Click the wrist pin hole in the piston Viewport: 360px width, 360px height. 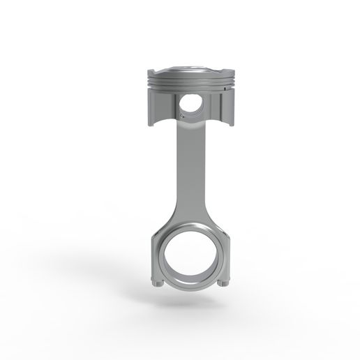click(x=190, y=105)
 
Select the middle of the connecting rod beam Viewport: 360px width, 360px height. click(x=186, y=174)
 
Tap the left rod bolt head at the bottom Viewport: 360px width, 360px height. click(x=156, y=283)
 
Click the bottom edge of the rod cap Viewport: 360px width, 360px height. click(x=188, y=289)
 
